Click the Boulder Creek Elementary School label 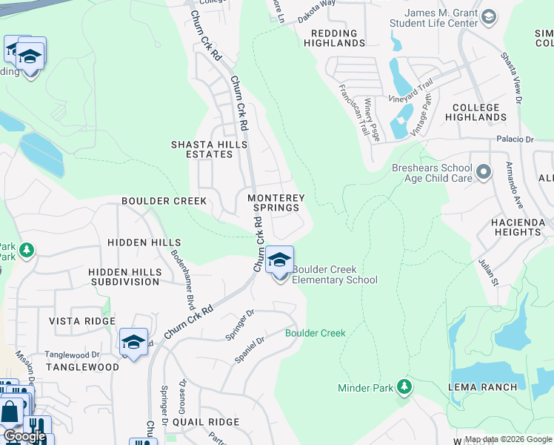335,274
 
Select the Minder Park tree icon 404,386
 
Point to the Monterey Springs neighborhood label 276,203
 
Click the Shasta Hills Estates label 201,149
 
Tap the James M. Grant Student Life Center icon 489,17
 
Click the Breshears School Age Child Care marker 484,173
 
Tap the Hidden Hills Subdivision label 124,277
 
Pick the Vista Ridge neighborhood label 82,320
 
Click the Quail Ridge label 206,422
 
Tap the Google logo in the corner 25,437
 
